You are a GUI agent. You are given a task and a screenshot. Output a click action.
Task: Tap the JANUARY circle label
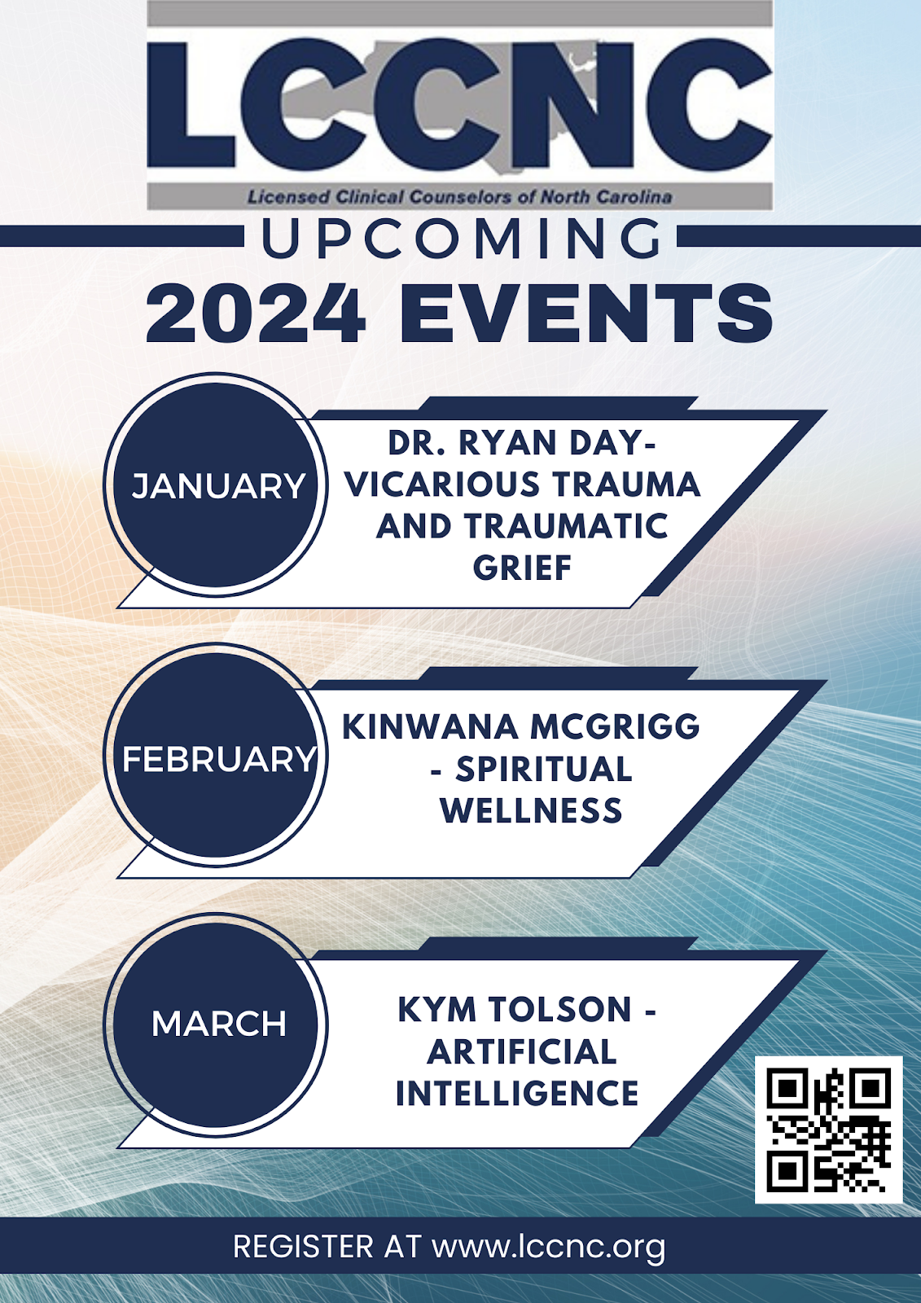[x=218, y=486]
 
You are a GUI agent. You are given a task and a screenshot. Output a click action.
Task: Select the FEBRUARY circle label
[x=219, y=760]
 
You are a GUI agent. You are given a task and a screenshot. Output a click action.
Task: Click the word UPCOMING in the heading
[x=462, y=239]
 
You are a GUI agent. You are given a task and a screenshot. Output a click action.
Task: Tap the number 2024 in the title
[x=256, y=314]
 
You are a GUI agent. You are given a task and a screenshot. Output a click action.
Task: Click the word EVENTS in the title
[x=586, y=314]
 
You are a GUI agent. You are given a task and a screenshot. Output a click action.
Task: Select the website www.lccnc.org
[x=548, y=1247]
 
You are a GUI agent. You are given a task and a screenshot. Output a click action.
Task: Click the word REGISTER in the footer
[x=303, y=1247]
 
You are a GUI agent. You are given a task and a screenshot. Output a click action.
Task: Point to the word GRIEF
[x=523, y=568]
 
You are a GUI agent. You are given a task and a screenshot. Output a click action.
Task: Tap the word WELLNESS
[x=531, y=811]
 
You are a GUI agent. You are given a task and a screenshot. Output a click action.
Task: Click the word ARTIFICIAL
[x=522, y=1051]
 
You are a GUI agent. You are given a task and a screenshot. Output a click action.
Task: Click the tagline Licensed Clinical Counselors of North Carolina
[x=459, y=197]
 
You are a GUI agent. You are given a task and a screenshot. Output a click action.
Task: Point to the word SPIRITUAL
[x=543, y=769]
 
